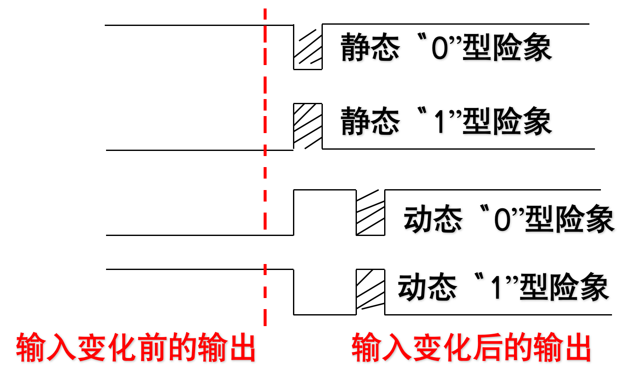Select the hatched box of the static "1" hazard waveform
(x=307, y=126)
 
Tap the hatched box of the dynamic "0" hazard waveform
(x=370, y=212)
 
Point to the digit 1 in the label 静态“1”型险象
(x=440, y=122)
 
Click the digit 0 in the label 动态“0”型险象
(x=503, y=220)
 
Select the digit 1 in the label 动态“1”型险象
(x=496, y=288)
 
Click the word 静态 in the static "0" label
(x=370, y=47)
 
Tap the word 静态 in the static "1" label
(x=370, y=122)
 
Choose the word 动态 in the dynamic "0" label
(x=433, y=219)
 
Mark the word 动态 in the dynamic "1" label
(x=427, y=287)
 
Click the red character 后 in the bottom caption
(x=501, y=348)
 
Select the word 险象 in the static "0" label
(x=522, y=47)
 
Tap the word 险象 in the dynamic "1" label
(x=579, y=287)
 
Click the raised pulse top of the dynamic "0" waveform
(x=325, y=190)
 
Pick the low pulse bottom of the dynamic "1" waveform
(x=325, y=315)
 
